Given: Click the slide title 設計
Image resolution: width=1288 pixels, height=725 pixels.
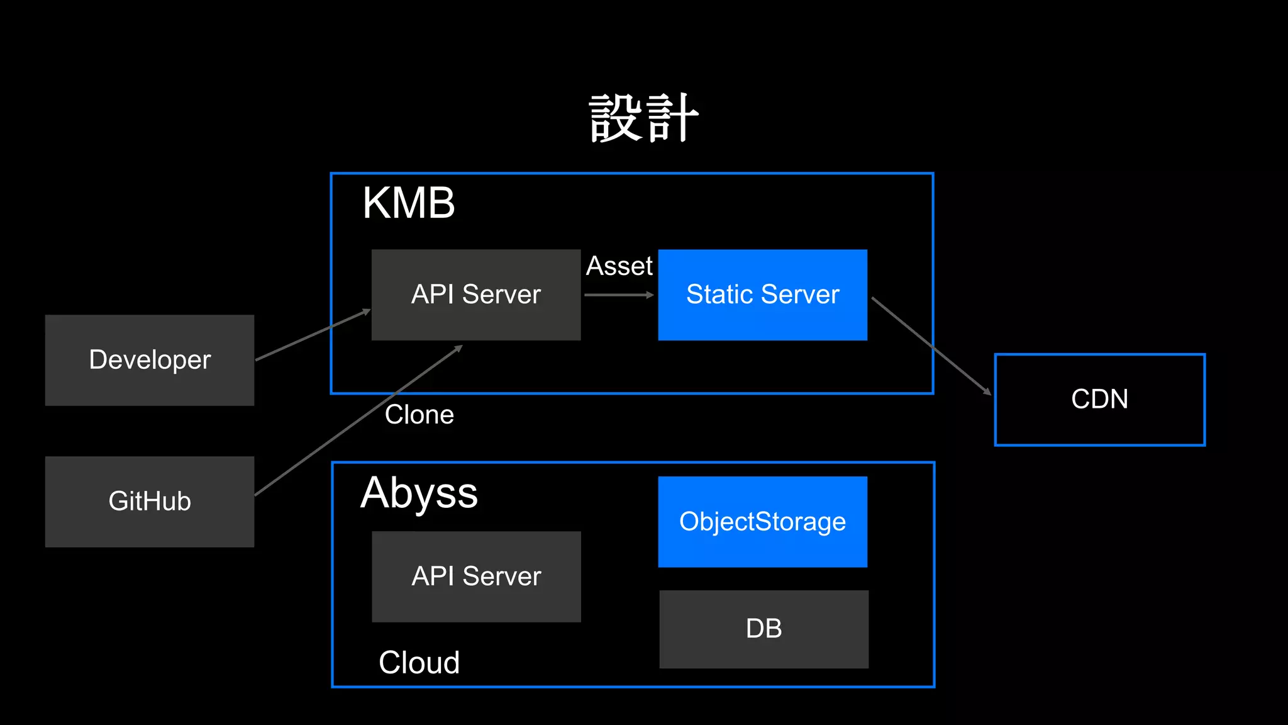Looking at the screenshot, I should point(644,118).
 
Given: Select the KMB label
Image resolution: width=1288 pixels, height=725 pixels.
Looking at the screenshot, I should point(408,203).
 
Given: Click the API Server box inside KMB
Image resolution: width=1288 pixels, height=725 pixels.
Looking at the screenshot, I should point(476,295).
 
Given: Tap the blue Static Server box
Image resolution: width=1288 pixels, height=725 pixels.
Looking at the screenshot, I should point(762,295).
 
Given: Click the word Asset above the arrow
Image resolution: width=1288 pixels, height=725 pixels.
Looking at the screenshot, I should point(619,266).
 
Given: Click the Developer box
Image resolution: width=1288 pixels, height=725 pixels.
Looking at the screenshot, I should point(150,360).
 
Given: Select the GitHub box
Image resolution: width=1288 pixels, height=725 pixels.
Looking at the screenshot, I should point(150,502).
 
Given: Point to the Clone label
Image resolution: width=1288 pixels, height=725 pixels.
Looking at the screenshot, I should point(419,415).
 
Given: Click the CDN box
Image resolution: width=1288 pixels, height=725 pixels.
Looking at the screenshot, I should point(1099,400).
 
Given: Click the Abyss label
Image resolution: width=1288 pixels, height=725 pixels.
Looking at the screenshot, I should point(419,493).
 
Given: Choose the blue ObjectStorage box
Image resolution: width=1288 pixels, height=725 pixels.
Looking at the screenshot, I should point(762,522).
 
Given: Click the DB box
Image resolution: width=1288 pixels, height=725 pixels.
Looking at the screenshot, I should point(763,629).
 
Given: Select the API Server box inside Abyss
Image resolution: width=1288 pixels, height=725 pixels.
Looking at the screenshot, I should point(476,576).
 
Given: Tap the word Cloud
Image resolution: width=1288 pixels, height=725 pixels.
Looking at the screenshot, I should point(419,663).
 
